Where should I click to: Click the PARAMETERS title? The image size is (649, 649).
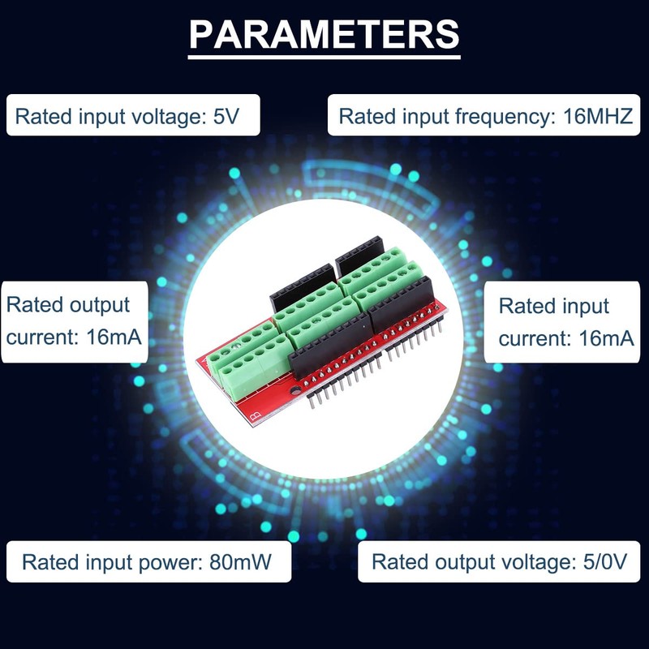pyautogui.click(x=324, y=34)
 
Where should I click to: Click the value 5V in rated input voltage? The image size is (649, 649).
pyautogui.click(x=226, y=116)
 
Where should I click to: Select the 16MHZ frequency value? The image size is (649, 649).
pyautogui.click(x=597, y=116)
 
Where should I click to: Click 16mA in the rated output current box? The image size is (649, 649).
pyautogui.click(x=114, y=336)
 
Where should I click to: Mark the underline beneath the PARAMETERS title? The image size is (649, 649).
pyautogui.click(x=324, y=56)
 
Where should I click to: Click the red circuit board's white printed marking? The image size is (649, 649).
pyautogui.click(x=256, y=416)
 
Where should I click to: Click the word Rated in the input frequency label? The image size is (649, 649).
pyautogui.click(x=367, y=116)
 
